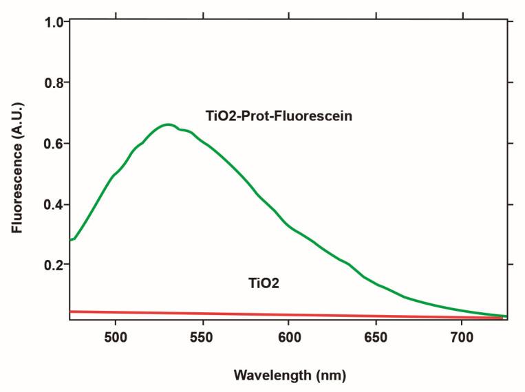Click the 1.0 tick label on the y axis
pos(55,22)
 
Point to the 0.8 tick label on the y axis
pos(55,83)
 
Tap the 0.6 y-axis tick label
pos(55,144)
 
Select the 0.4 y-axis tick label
pos(55,205)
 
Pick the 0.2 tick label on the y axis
pos(55,265)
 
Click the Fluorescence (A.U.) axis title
pos(17,169)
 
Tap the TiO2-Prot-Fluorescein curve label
pos(279,116)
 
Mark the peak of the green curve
pos(167,124)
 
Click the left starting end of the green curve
pos(71,240)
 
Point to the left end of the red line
pos(71,312)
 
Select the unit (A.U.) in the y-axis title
pos(17,130)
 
